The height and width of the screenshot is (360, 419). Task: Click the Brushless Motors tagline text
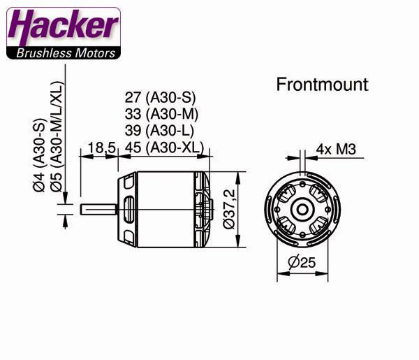tap(63, 52)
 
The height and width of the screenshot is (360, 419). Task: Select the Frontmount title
tap(322, 85)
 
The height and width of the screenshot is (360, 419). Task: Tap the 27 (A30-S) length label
tap(159, 99)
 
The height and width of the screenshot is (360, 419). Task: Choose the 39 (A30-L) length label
tap(159, 131)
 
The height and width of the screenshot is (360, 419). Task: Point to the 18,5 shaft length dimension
tap(101, 147)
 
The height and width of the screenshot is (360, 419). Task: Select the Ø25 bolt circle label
tap(302, 264)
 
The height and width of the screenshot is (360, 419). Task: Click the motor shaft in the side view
tap(98, 208)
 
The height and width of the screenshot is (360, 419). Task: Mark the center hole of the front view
tap(302, 208)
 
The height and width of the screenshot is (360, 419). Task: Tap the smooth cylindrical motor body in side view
tap(168, 208)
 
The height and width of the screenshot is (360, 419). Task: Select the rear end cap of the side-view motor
tap(204, 208)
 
